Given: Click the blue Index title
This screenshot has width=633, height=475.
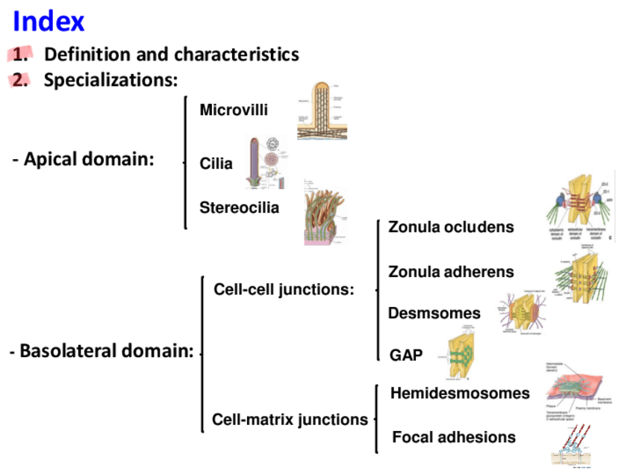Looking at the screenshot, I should (x=49, y=21).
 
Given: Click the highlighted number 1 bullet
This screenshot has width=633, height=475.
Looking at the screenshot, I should (x=22, y=55).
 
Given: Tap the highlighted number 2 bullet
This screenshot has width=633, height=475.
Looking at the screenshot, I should (x=22, y=80).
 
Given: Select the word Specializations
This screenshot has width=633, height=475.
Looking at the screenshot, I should (x=110, y=80).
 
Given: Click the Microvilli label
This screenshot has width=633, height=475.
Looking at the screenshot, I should (x=234, y=111).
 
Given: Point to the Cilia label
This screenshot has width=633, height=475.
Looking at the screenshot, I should (x=216, y=164).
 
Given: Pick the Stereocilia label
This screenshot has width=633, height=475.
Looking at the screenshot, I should (x=239, y=208).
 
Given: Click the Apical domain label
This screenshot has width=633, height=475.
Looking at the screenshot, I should (x=83, y=159).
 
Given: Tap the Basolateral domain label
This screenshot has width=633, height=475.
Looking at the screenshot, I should (x=102, y=350).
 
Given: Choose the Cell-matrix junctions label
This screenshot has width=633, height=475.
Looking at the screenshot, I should (x=290, y=420).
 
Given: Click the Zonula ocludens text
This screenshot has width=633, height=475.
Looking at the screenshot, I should (x=451, y=227).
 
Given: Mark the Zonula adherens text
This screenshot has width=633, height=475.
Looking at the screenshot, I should (x=451, y=273).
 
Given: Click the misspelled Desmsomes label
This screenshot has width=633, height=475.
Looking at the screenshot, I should (x=434, y=314).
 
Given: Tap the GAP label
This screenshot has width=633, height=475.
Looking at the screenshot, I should (x=406, y=356).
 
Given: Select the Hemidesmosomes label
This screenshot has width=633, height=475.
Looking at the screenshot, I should (x=460, y=393).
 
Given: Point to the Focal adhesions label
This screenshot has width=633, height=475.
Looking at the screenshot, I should (x=454, y=437).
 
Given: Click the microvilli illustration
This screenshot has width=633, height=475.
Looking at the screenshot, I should (x=322, y=111).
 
